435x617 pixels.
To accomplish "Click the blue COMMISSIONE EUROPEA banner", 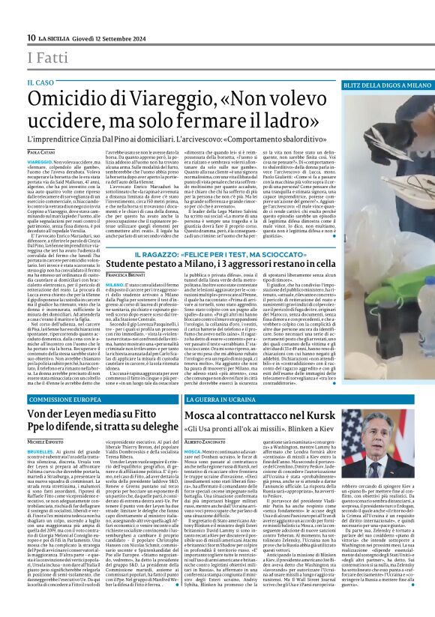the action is coord(71,399).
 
